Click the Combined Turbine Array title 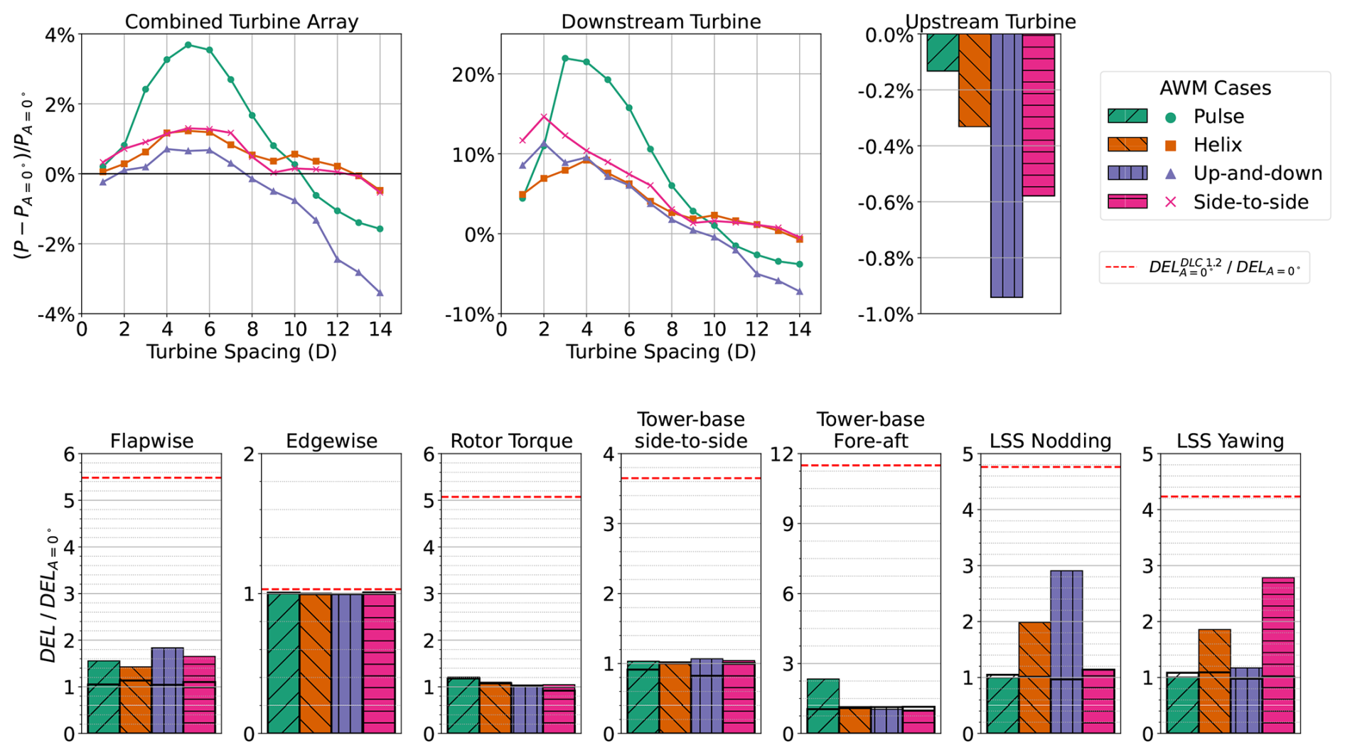(241, 21)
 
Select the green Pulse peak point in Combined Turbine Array (188, 45)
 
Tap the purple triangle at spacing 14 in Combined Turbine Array (380, 292)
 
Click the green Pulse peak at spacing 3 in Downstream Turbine (565, 58)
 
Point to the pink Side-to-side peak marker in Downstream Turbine (544, 117)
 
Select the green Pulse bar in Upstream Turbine (943, 53)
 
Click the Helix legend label (1217, 145)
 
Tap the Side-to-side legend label (1250, 202)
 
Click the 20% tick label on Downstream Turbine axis (473, 75)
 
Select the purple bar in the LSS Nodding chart (1066, 651)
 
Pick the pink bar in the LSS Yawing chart (1277, 655)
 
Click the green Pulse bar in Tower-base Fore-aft (822, 705)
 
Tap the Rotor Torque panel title (511, 441)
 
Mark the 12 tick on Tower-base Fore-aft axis (784, 454)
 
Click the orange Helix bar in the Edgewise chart (316, 663)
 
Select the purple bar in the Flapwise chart (167, 690)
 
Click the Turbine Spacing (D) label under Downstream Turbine (660, 352)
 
